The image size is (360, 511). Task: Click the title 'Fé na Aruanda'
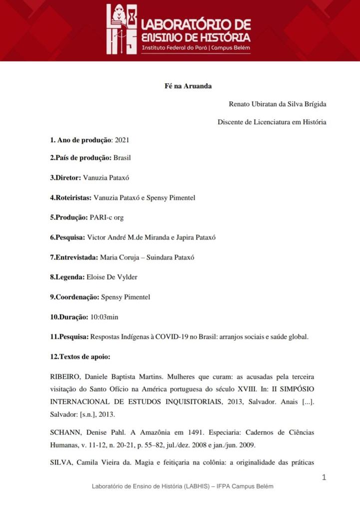(188, 86)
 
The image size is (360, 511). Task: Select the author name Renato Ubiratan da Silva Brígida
(277, 104)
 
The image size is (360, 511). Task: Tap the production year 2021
(122, 140)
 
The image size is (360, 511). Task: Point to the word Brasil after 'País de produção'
(122, 158)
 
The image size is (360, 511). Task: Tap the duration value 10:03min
(104, 317)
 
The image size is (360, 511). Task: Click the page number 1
(324, 478)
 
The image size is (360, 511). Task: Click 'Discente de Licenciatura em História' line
(272, 122)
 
